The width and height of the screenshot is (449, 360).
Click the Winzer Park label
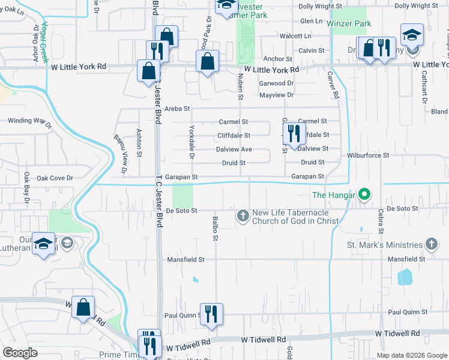click(x=349, y=24)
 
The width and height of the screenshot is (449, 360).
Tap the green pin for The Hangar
click(x=364, y=194)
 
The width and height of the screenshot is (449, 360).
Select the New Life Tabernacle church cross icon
click(x=243, y=215)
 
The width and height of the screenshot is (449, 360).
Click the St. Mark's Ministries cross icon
click(x=431, y=244)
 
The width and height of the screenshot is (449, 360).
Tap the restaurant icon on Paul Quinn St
click(x=211, y=314)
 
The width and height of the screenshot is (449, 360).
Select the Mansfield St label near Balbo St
click(x=186, y=260)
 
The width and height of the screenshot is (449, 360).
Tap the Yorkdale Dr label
click(x=191, y=142)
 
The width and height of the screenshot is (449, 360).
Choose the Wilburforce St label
click(x=368, y=155)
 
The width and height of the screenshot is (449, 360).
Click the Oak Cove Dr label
click(x=55, y=178)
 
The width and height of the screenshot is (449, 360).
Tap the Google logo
click(x=20, y=353)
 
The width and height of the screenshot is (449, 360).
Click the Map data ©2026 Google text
click(x=411, y=355)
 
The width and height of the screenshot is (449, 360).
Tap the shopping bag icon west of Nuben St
click(x=206, y=61)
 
